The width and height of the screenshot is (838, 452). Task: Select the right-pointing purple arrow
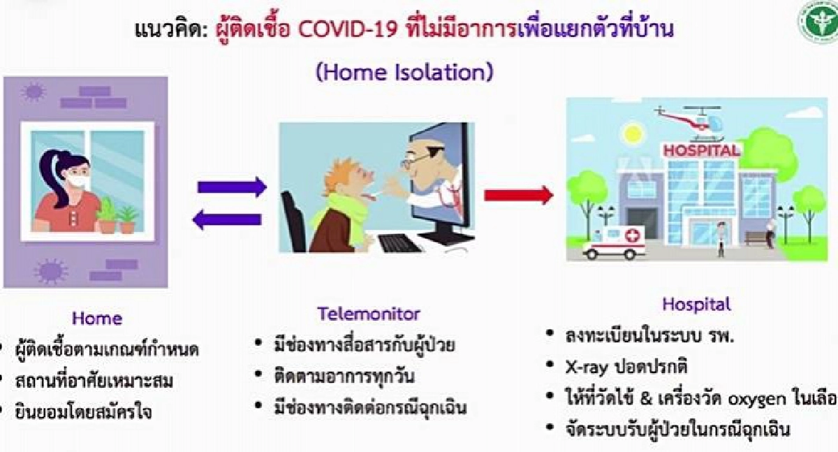pyautogui.click(x=231, y=187)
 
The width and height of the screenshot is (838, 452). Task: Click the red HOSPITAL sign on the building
pyautogui.click(x=700, y=150)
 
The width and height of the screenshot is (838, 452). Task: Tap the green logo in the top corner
pyautogui.click(x=818, y=22)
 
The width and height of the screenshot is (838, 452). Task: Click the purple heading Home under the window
pyautogui.click(x=97, y=319)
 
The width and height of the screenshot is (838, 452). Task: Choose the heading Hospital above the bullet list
pyautogui.click(x=696, y=305)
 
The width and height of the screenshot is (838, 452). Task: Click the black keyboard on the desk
pyautogui.click(x=399, y=242)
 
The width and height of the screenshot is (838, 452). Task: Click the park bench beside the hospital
pyautogui.click(x=757, y=238)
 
